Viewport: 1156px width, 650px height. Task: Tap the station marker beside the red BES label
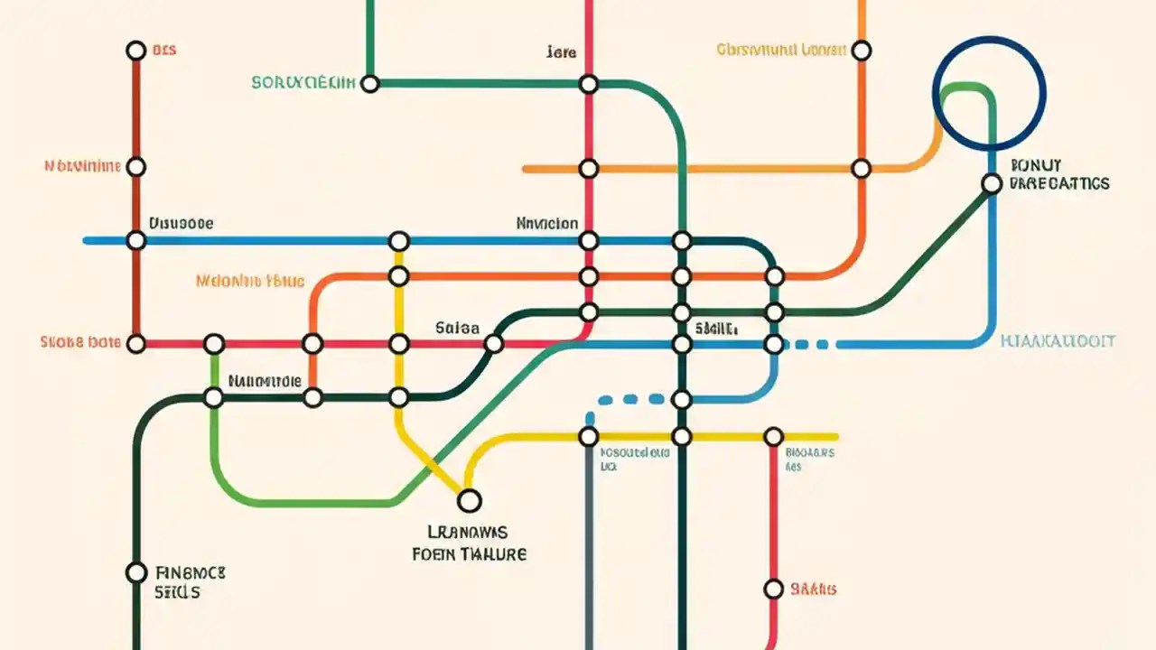(x=135, y=51)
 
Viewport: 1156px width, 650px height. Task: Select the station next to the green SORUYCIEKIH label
(x=369, y=84)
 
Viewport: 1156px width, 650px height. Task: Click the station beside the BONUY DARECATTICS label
(x=992, y=183)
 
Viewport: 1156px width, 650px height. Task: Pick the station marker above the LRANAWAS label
(x=469, y=500)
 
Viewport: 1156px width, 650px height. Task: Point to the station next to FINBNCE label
(x=135, y=572)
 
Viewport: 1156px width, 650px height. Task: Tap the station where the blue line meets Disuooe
(x=135, y=240)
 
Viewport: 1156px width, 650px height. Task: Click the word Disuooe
(x=181, y=223)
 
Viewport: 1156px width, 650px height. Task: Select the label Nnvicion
(x=547, y=223)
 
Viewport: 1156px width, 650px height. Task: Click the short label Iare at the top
(x=561, y=52)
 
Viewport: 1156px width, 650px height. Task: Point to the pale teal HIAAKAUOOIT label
(x=1058, y=341)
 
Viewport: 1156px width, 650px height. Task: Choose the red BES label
(x=163, y=51)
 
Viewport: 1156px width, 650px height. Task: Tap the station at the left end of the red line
(x=135, y=343)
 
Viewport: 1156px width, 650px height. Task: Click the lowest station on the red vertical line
(x=773, y=590)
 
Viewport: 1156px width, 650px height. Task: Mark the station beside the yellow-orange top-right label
(x=862, y=51)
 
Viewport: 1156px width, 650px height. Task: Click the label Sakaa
(x=457, y=329)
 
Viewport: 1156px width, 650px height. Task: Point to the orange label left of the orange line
(x=249, y=282)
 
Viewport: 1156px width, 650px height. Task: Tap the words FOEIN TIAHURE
(x=469, y=554)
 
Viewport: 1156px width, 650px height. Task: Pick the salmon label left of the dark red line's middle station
(x=82, y=166)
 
